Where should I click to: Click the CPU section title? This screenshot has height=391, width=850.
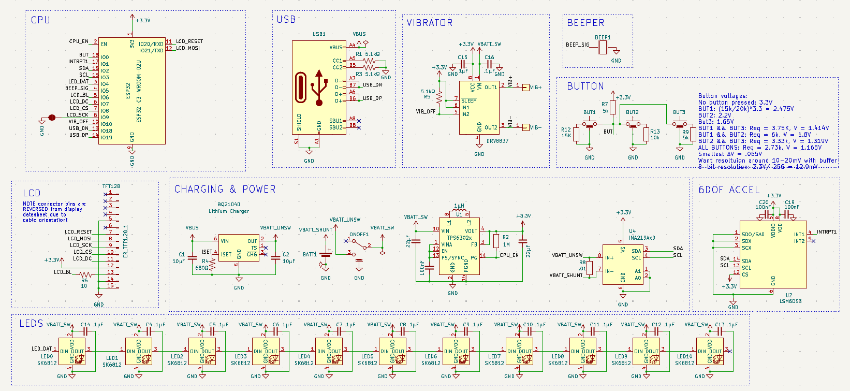[x=40, y=20]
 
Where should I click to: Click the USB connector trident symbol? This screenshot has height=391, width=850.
[x=319, y=88]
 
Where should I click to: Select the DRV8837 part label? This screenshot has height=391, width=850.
[x=497, y=141]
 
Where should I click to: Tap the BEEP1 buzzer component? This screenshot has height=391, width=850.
[x=603, y=48]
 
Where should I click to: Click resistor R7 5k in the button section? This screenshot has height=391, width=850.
[x=613, y=108]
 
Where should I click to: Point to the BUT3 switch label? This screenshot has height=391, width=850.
[x=679, y=112]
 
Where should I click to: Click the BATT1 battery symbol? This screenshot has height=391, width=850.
[x=326, y=254]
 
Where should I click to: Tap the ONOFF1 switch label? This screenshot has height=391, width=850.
[x=359, y=235]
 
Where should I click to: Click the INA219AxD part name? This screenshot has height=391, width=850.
[x=642, y=238]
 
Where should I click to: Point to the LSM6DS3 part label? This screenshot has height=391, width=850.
[x=790, y=301]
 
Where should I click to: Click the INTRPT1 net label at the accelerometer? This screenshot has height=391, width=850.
[x=827, y=232]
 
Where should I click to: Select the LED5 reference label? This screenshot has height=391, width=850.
[x=367, y=356]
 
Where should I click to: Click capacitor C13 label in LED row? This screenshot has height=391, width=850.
[x=720, y=325]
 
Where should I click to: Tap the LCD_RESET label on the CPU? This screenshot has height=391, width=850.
[x=189, y=41]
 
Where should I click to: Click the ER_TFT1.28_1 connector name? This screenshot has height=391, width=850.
[x=125, y=241]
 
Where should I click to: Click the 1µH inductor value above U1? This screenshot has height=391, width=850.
[x=459, y=206]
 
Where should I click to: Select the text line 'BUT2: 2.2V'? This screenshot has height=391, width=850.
[x=714, y=115]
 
